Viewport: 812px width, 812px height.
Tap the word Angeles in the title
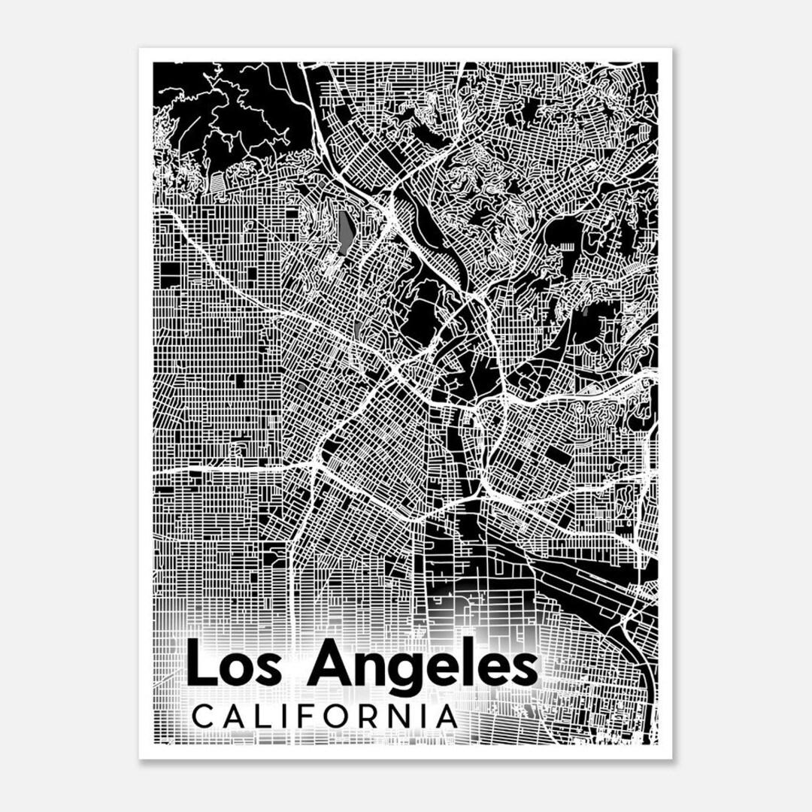[423, 666]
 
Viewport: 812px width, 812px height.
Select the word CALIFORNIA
[325, 716]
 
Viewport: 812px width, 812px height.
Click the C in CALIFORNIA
[203, 717]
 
